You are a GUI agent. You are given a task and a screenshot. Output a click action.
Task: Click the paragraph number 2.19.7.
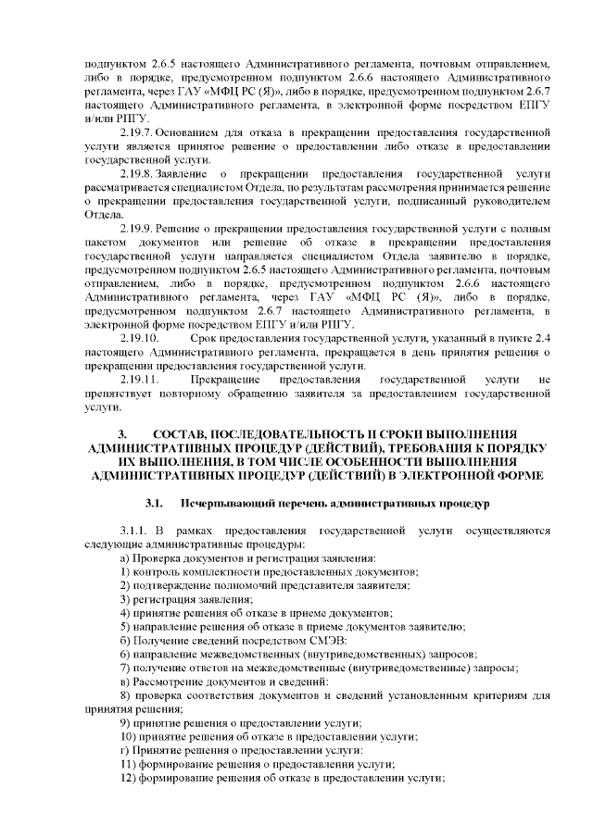tap(138, 132)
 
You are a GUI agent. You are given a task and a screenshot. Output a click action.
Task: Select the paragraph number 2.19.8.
tap(138, 173)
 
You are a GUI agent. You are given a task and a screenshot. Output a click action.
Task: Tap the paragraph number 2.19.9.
tap(138, 228)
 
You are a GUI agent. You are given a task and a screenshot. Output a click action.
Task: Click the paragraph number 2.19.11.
tap(142, 379)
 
